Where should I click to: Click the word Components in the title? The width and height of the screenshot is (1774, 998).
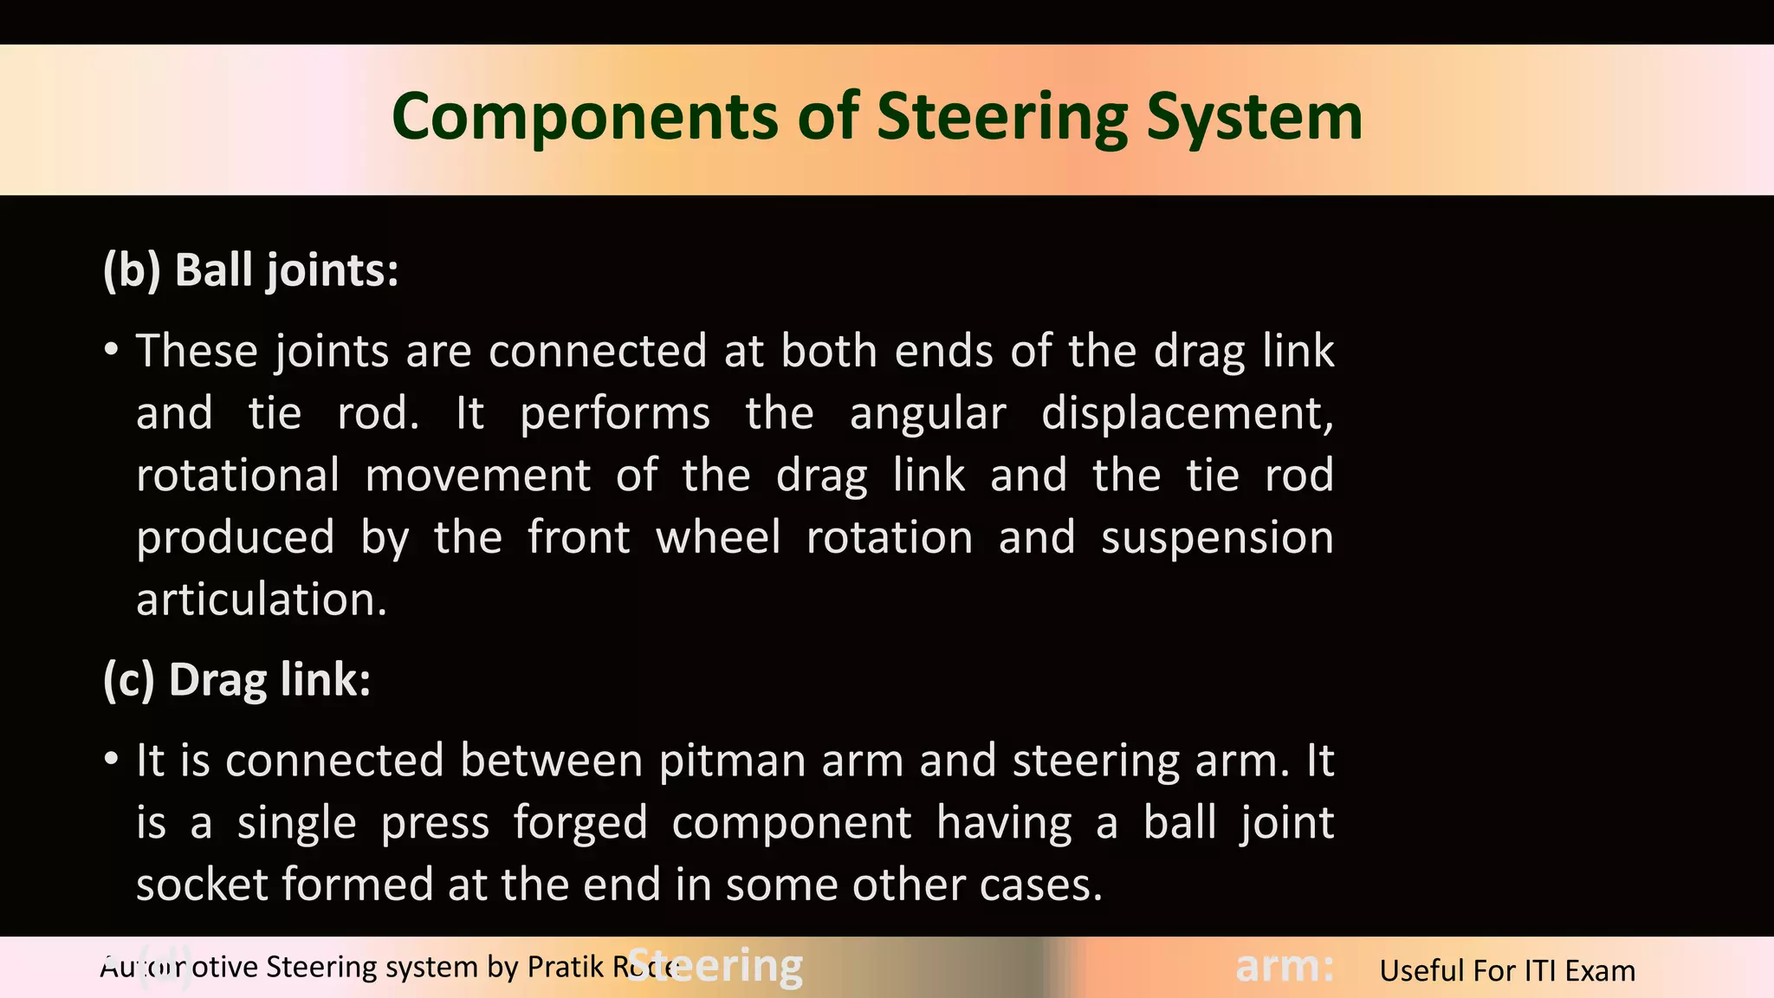click(x=586, y=117)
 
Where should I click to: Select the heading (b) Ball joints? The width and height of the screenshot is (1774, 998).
click(x=250, y=269)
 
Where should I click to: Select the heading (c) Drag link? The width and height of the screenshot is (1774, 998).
click(x=236, y=679)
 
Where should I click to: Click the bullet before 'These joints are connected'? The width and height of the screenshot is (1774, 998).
click(x=111, y=351)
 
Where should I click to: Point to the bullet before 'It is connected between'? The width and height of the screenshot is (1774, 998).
click(x=111, y=760)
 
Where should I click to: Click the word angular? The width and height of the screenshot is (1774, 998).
click(x=928, y=413)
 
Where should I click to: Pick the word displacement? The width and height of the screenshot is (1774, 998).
click(x=1187, y=413)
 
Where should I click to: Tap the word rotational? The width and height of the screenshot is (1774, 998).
click(x=238, y=476)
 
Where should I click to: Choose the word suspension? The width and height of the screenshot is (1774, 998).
click(x=1217, y=537)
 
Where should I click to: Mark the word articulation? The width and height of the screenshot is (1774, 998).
click(x=262, y=599)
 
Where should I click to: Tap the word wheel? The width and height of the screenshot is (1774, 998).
click(x=718, y=537)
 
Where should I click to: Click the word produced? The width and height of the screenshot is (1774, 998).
click(x=235, y=537)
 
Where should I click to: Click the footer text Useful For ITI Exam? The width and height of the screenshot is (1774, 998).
click(x=1507, y=970)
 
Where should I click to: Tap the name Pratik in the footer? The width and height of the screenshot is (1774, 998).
click(x=566, y=966)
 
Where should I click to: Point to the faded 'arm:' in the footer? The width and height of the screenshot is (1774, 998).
click(x=1284, y=966)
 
